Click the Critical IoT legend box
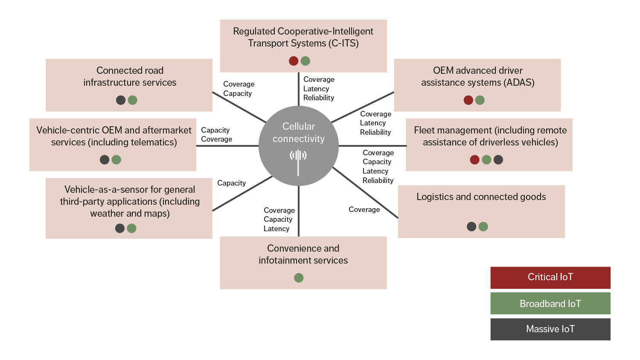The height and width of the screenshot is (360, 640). [x=550, y=277]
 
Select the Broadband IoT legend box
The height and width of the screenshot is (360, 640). [x=550, y=303]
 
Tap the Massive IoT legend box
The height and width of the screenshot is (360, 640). [x=550, y=329]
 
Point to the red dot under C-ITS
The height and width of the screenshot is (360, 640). [x=294, y=61]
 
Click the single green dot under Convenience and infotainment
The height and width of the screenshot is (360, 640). [x=299, y=278]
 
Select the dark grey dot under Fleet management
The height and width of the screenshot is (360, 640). [x=498, y=160]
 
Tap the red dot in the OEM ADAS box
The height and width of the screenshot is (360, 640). [x=468, y=100]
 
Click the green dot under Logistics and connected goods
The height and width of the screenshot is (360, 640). [x=483, y=226]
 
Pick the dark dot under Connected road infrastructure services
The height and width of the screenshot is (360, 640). [x=121, y=100]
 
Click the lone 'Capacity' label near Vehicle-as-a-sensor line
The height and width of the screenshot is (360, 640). [x=231, y=183]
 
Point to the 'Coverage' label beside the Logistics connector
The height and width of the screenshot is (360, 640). [x=364, y=209]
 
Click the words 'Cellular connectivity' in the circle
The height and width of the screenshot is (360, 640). [x=299, y=132]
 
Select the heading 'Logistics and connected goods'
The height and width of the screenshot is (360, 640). [x=481, y=197]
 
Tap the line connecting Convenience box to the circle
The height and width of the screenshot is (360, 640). [x=299, y=211]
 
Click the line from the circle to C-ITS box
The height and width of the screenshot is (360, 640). [x=299, y=89]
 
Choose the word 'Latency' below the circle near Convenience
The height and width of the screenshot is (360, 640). [x=276, y=229]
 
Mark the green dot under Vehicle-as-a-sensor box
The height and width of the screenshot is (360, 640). [x=131, y=228]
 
